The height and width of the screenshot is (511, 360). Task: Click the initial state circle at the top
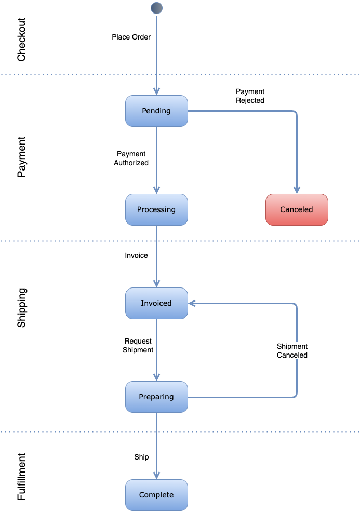click(x=156, y=8)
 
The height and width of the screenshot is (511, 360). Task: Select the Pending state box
click(x=156, y=111)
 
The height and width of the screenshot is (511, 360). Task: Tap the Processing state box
click(x=156, y=209)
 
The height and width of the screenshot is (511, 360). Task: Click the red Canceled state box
click(x=297, y=209)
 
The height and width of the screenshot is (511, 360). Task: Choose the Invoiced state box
click(x=156, y=303)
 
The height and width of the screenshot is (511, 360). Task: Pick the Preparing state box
click(x=156, y=397)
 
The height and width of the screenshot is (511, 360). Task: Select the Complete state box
click(x=156, y=495)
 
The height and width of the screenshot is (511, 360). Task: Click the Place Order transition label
click(x=131, y=37)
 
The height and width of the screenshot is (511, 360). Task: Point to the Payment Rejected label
click(x=250, y=96)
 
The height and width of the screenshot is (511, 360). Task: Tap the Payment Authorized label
click(x=131, y=159)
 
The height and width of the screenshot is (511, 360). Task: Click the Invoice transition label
click(x=136, y=256)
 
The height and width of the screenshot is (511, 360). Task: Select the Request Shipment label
click(x=138, y=346)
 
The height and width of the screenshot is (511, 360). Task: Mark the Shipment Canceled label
click(x=292, y=351)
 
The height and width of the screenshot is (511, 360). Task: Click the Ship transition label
click(x=141, y=457)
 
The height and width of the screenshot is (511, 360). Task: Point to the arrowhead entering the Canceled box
click(x=297, y=190)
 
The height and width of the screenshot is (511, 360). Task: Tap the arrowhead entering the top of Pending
click(x=156, y=91)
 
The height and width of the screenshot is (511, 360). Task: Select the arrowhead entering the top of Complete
click(x=156, y=475)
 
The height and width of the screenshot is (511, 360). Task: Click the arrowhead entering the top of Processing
click(x=156, y=190)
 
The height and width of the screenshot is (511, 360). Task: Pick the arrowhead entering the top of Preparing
click(x=156, y=377)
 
